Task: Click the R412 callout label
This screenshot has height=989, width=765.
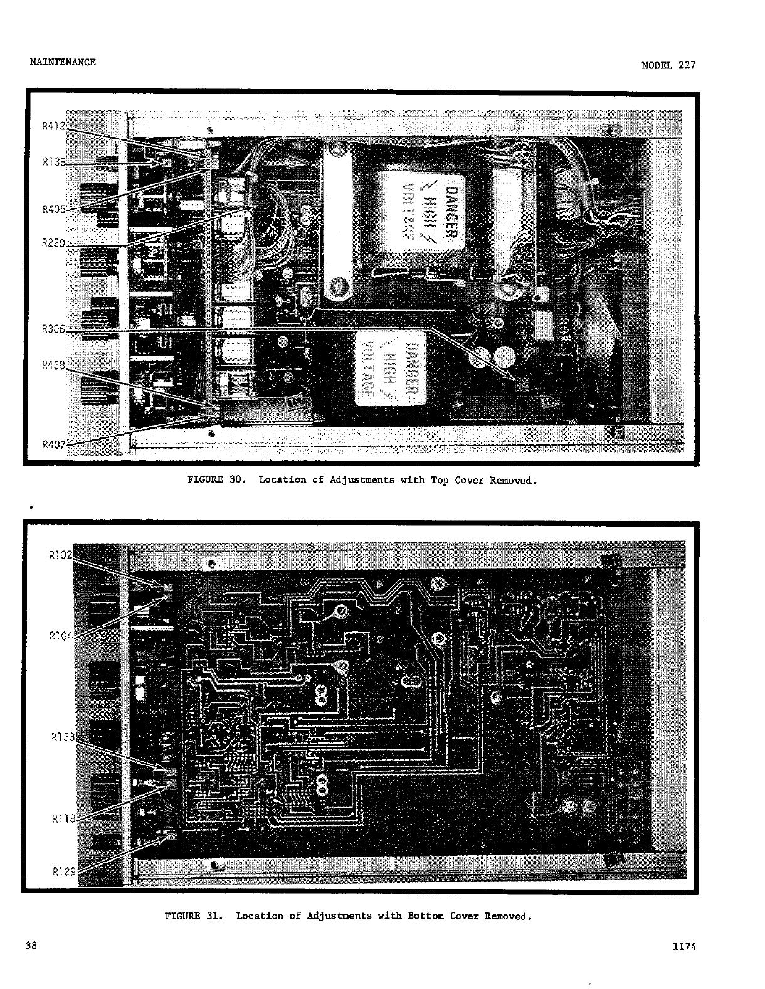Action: pos(53,125)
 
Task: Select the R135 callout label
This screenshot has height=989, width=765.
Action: pos(53,162)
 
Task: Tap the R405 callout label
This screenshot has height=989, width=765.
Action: pos(53,210)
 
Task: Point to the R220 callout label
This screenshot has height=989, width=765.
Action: pos(53,243)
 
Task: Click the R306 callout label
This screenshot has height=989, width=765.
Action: pos(53,329)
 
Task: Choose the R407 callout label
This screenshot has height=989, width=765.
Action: pos(53,444)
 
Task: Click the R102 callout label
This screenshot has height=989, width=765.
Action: pos(60,554)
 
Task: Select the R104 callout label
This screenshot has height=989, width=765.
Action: pos(60,636)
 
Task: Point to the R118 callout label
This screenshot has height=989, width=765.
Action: pos(63,818)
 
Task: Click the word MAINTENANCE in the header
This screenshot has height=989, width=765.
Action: pos(63,61)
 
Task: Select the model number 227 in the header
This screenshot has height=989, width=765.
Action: pos(687,65)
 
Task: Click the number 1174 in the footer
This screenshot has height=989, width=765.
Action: pos(684,948)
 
